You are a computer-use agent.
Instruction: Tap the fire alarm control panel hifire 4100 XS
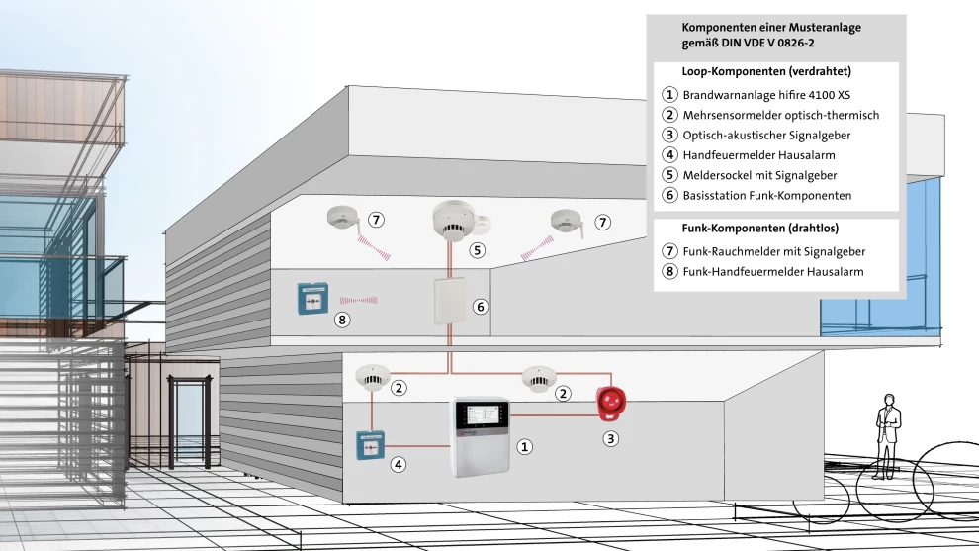pos(481,436)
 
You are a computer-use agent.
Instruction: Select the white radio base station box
pos(449,302)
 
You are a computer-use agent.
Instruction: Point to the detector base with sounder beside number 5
pos(454,224)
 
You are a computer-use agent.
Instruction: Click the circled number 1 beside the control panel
pos(525,446)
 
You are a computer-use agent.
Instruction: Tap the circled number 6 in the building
pos(481,307)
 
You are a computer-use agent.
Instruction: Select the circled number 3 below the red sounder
pos(611,438)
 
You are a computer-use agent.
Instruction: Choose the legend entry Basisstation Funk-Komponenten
pos(766,195)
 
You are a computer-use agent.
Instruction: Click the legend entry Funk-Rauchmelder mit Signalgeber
pos(773,252)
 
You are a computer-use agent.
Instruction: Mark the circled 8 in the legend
pos(669,272)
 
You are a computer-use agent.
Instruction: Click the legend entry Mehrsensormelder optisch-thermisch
pos(780,116)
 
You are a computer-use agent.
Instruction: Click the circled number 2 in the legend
pos(669,116)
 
